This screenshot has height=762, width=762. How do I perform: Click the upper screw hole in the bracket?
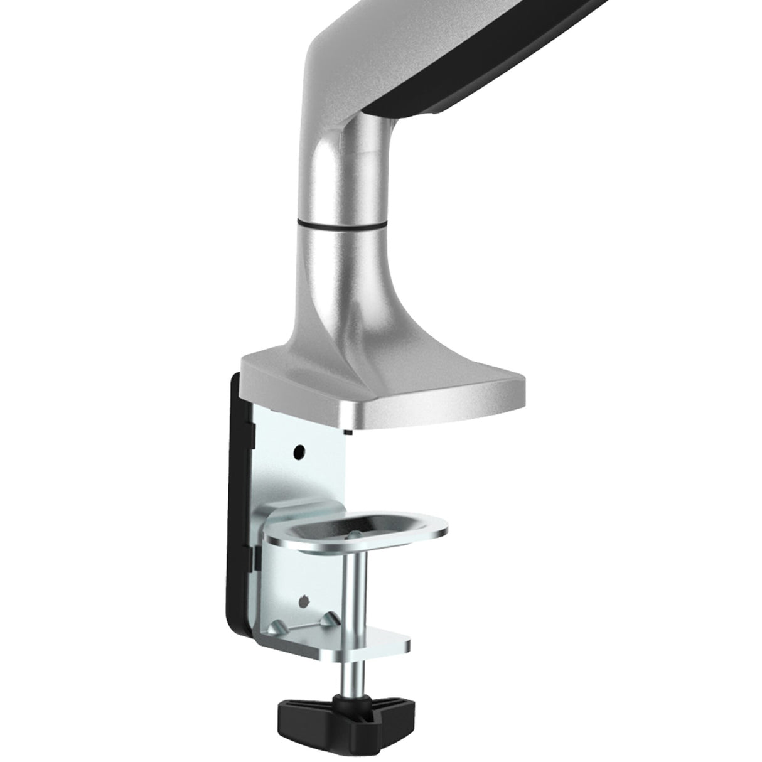click(x=299, y=451)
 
